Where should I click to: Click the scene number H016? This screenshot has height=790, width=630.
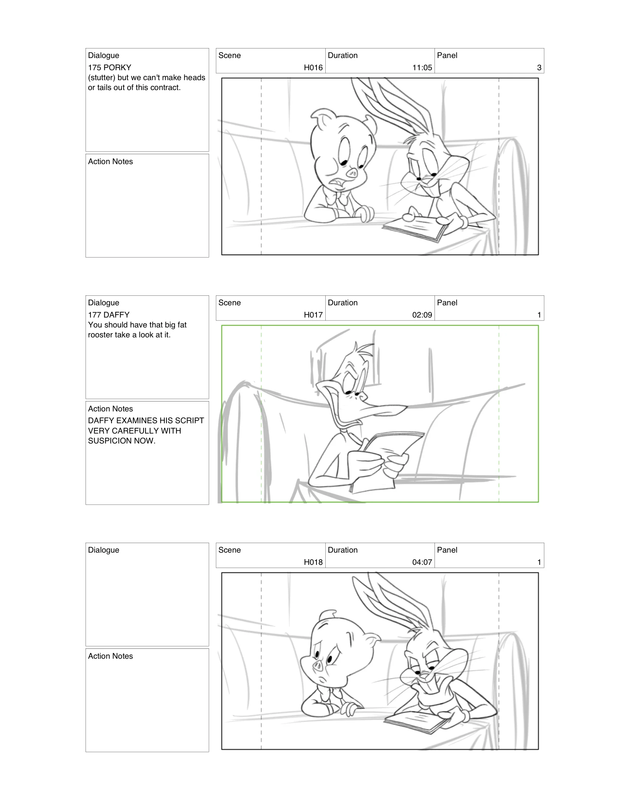(x=313, y=68)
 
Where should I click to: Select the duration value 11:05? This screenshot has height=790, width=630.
(x=422, y=68)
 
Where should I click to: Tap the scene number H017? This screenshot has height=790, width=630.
(x=313, y=315)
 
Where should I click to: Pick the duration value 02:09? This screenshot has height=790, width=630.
(x=422, y=315)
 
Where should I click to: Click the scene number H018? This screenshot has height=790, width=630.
(x=313, y=562)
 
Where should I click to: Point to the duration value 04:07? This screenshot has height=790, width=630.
(x=422, y=562)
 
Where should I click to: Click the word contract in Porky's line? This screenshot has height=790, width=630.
(x=165, y=87)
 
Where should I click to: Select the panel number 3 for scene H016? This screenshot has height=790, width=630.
(x=539, y=68)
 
